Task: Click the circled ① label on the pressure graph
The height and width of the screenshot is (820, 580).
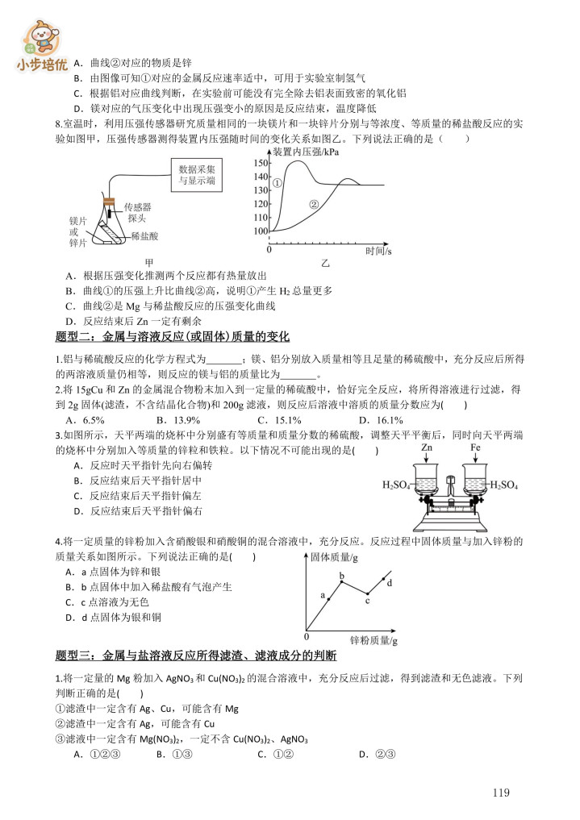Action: [x=277, y=183]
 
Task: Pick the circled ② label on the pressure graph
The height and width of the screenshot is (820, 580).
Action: [x=314, y=205]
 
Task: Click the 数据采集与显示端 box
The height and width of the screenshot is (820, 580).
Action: [x=197, y=176]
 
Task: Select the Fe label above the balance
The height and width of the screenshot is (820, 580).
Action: [x=475, y=447]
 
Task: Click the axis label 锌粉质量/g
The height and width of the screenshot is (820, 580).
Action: [x=374, y=639]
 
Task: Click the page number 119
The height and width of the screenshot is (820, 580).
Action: [x=501, y=793]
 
